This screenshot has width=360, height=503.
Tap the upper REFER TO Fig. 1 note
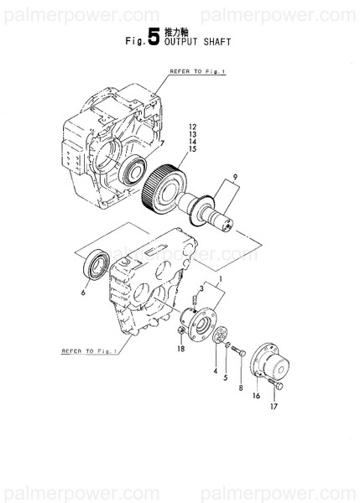click(x=198, y=73)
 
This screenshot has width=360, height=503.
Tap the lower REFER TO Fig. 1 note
click(x=88, y=351)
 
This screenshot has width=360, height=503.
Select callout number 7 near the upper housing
click(x=162, y=143)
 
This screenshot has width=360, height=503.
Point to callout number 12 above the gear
click(x=191, y=126)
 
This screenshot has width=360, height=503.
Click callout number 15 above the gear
click(x=191, y=148)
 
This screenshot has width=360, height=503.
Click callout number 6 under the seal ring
click(x=84, y=293)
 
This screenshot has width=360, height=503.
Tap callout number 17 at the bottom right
click(x=273, y=408)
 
